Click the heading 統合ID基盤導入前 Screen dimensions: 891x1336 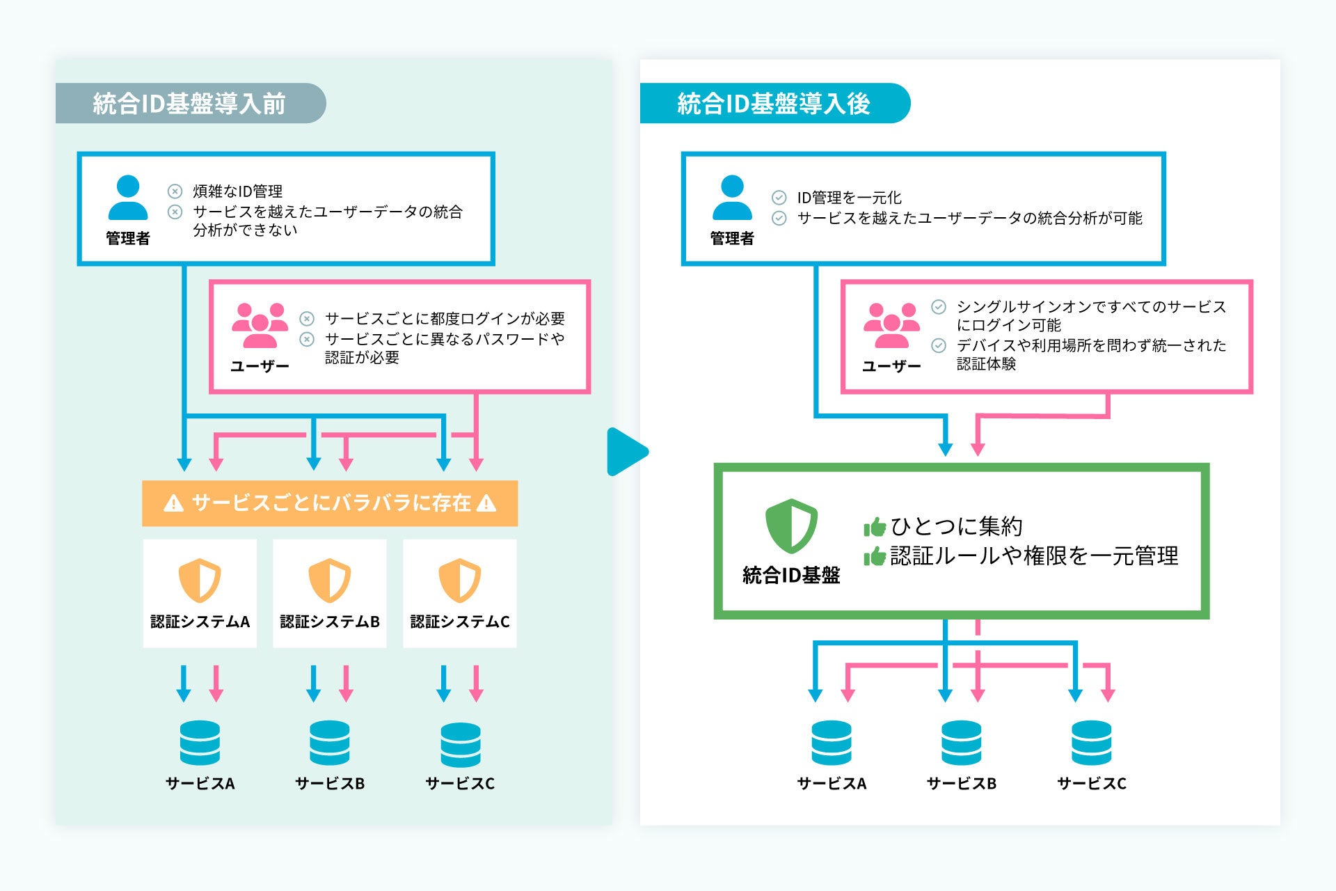tap(189, 104)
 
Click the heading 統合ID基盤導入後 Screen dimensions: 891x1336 tap(774, 104)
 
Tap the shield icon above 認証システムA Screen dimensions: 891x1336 tap(200, 580)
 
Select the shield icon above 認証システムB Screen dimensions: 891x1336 tap(330, 580)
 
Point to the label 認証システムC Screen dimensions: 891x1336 tap(460, 622)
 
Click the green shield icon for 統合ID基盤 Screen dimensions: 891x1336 tap(791, 526)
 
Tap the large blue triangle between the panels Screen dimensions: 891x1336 tap(626, 452)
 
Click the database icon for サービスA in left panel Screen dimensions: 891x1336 tap(200, 743)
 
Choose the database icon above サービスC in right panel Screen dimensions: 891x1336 tap(1091, 743)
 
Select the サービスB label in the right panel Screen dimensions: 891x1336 tap(962, 784)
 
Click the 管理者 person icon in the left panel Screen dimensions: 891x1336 tap(128, 198)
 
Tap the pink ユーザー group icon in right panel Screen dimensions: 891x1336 tap(891, 325)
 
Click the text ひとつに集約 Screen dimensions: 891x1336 tap(957, 526)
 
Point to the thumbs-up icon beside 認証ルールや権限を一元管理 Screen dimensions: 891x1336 tap(875, 556)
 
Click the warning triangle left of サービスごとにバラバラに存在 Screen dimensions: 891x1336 tap(173, 503)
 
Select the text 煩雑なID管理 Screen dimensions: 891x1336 tap(237, 191)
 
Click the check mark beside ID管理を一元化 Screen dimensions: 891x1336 tap(779, 198)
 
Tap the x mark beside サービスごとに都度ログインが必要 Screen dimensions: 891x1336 tap(307, 319)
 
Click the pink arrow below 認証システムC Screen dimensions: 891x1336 tap(477, 684)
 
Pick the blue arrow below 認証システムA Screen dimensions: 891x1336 tap(184, 684)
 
